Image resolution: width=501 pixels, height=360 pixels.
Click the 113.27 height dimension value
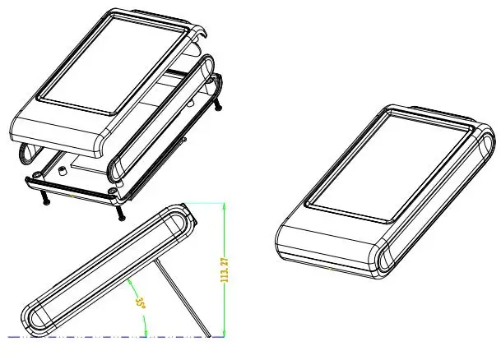pyautogui.click(x=225, y=270)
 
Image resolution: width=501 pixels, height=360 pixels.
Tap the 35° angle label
pyautogui.click(x=141, y=303)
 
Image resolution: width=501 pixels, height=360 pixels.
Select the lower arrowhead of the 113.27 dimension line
pyautogui.click(x=225, y=334)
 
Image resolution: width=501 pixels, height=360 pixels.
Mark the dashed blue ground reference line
pyautogui.click(x=116, y=337)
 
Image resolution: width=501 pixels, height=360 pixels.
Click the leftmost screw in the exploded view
pyautogui.click(x=44, y=198)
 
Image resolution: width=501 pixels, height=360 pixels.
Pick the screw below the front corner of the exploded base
pyautogui.click(x=120, y=213)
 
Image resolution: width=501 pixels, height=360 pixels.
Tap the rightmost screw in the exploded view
pyautogui.click(x=217, y=104)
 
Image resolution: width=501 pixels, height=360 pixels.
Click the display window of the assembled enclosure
pyautogui.click(x=389, y=165)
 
